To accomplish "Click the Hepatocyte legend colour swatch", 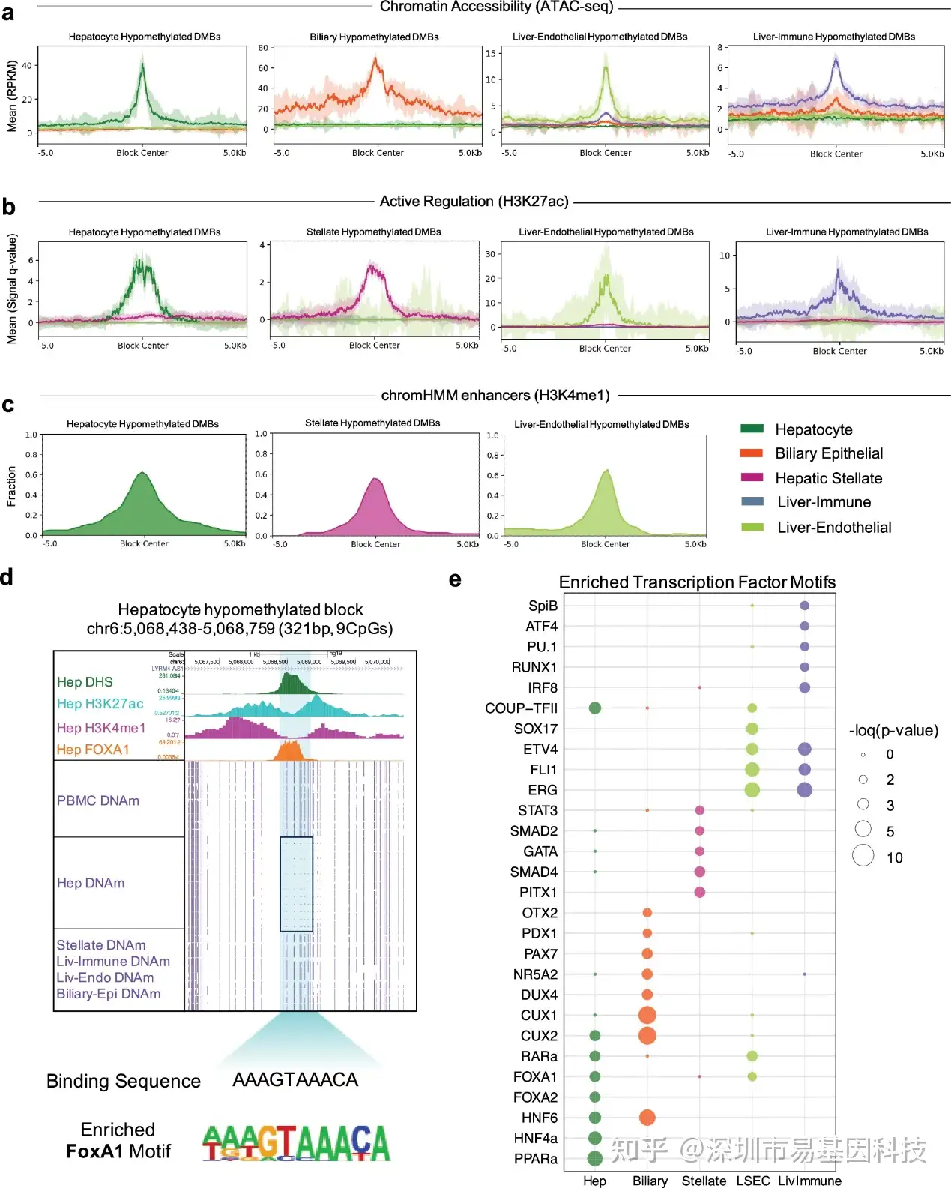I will (752, 429).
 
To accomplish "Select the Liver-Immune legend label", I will (824, 502).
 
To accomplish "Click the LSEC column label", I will (752, 1181).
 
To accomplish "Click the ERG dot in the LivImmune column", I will (804, 790).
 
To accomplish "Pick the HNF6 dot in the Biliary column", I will (647, 1118).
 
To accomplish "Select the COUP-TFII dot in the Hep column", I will (595, 708).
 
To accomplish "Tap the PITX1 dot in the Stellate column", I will (699, 892).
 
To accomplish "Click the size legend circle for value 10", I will (863, 855).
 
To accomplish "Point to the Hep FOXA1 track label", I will (93, 750).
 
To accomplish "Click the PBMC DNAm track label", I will (98, 800).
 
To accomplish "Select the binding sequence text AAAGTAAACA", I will (295, 1079).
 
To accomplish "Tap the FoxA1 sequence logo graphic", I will (296, 1143).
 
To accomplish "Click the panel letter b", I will (8, 207).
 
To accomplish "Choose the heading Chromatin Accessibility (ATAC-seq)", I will (496, 7).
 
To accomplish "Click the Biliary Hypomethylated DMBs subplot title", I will (374, 37).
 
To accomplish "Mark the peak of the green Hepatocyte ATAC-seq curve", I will (142, 64).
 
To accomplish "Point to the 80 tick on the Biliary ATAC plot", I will (263, 48).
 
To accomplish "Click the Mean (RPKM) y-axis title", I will (11, 96).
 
